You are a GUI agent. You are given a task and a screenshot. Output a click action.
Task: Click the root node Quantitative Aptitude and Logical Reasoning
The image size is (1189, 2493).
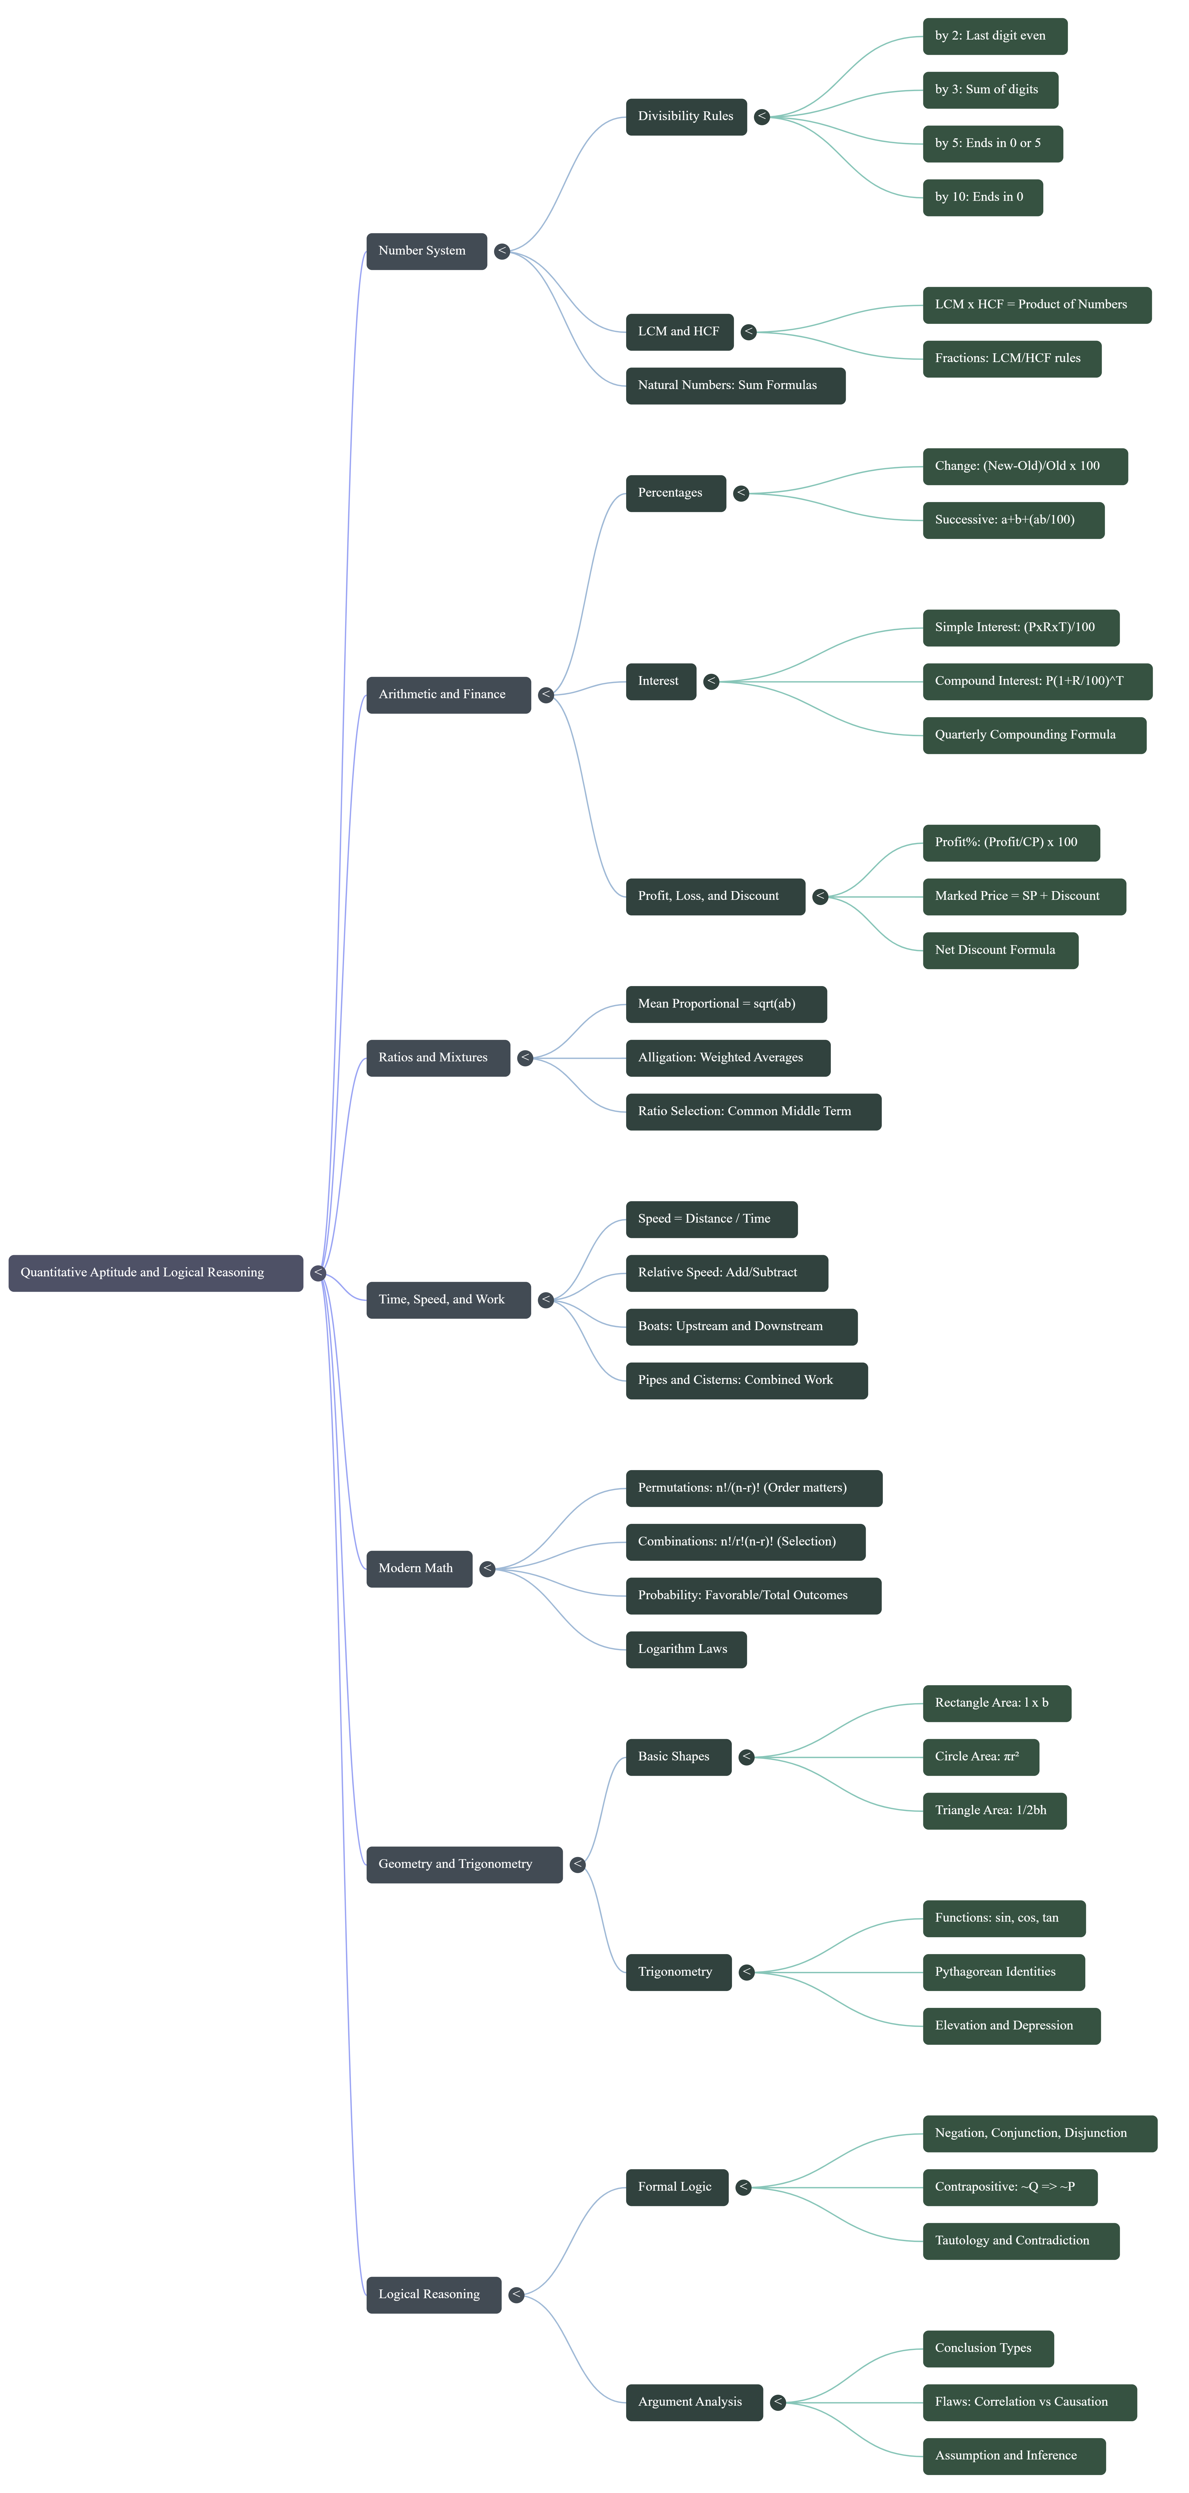click(155, 1273)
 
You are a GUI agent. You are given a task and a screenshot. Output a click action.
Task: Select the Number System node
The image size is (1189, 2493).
click(426, 251)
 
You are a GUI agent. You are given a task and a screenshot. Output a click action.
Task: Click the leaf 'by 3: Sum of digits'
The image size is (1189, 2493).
click(989, 89)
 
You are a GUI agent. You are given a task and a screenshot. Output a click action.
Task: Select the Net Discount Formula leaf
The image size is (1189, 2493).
click(999, 950)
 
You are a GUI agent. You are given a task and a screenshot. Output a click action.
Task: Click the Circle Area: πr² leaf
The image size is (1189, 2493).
click(980, 1757)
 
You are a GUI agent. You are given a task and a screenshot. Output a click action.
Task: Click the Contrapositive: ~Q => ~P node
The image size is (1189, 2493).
click(1009, 2187)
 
